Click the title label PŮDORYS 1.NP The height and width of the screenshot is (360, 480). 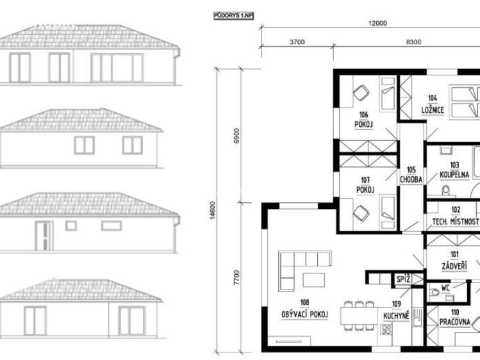point(233,16)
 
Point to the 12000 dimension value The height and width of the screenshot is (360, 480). point(377,23)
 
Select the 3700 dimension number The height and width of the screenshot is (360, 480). point(297,42)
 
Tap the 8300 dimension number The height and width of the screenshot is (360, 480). point(413,42)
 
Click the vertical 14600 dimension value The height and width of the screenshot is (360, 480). point(213,210)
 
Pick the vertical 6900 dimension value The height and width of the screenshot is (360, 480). point(236,136)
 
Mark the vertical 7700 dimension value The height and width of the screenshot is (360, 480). point(236,278)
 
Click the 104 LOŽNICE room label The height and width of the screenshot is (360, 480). point(433,104)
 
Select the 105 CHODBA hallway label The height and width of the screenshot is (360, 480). point(411,175)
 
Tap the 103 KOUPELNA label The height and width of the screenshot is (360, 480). point(454,170)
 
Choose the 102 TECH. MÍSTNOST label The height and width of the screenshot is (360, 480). point(456,216)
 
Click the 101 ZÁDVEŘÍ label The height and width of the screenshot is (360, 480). point(454,261)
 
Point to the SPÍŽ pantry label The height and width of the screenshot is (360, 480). point(403,279)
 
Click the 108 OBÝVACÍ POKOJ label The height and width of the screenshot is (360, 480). point(304,309)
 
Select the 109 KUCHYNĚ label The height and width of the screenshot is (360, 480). point(397,311)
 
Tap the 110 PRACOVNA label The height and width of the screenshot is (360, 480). point(455,317)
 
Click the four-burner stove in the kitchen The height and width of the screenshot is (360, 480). point(386,330)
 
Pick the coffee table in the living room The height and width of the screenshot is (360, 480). point(314,279)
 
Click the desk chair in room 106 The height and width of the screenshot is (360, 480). point(361,92)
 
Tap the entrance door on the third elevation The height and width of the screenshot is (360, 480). point(44,236)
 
